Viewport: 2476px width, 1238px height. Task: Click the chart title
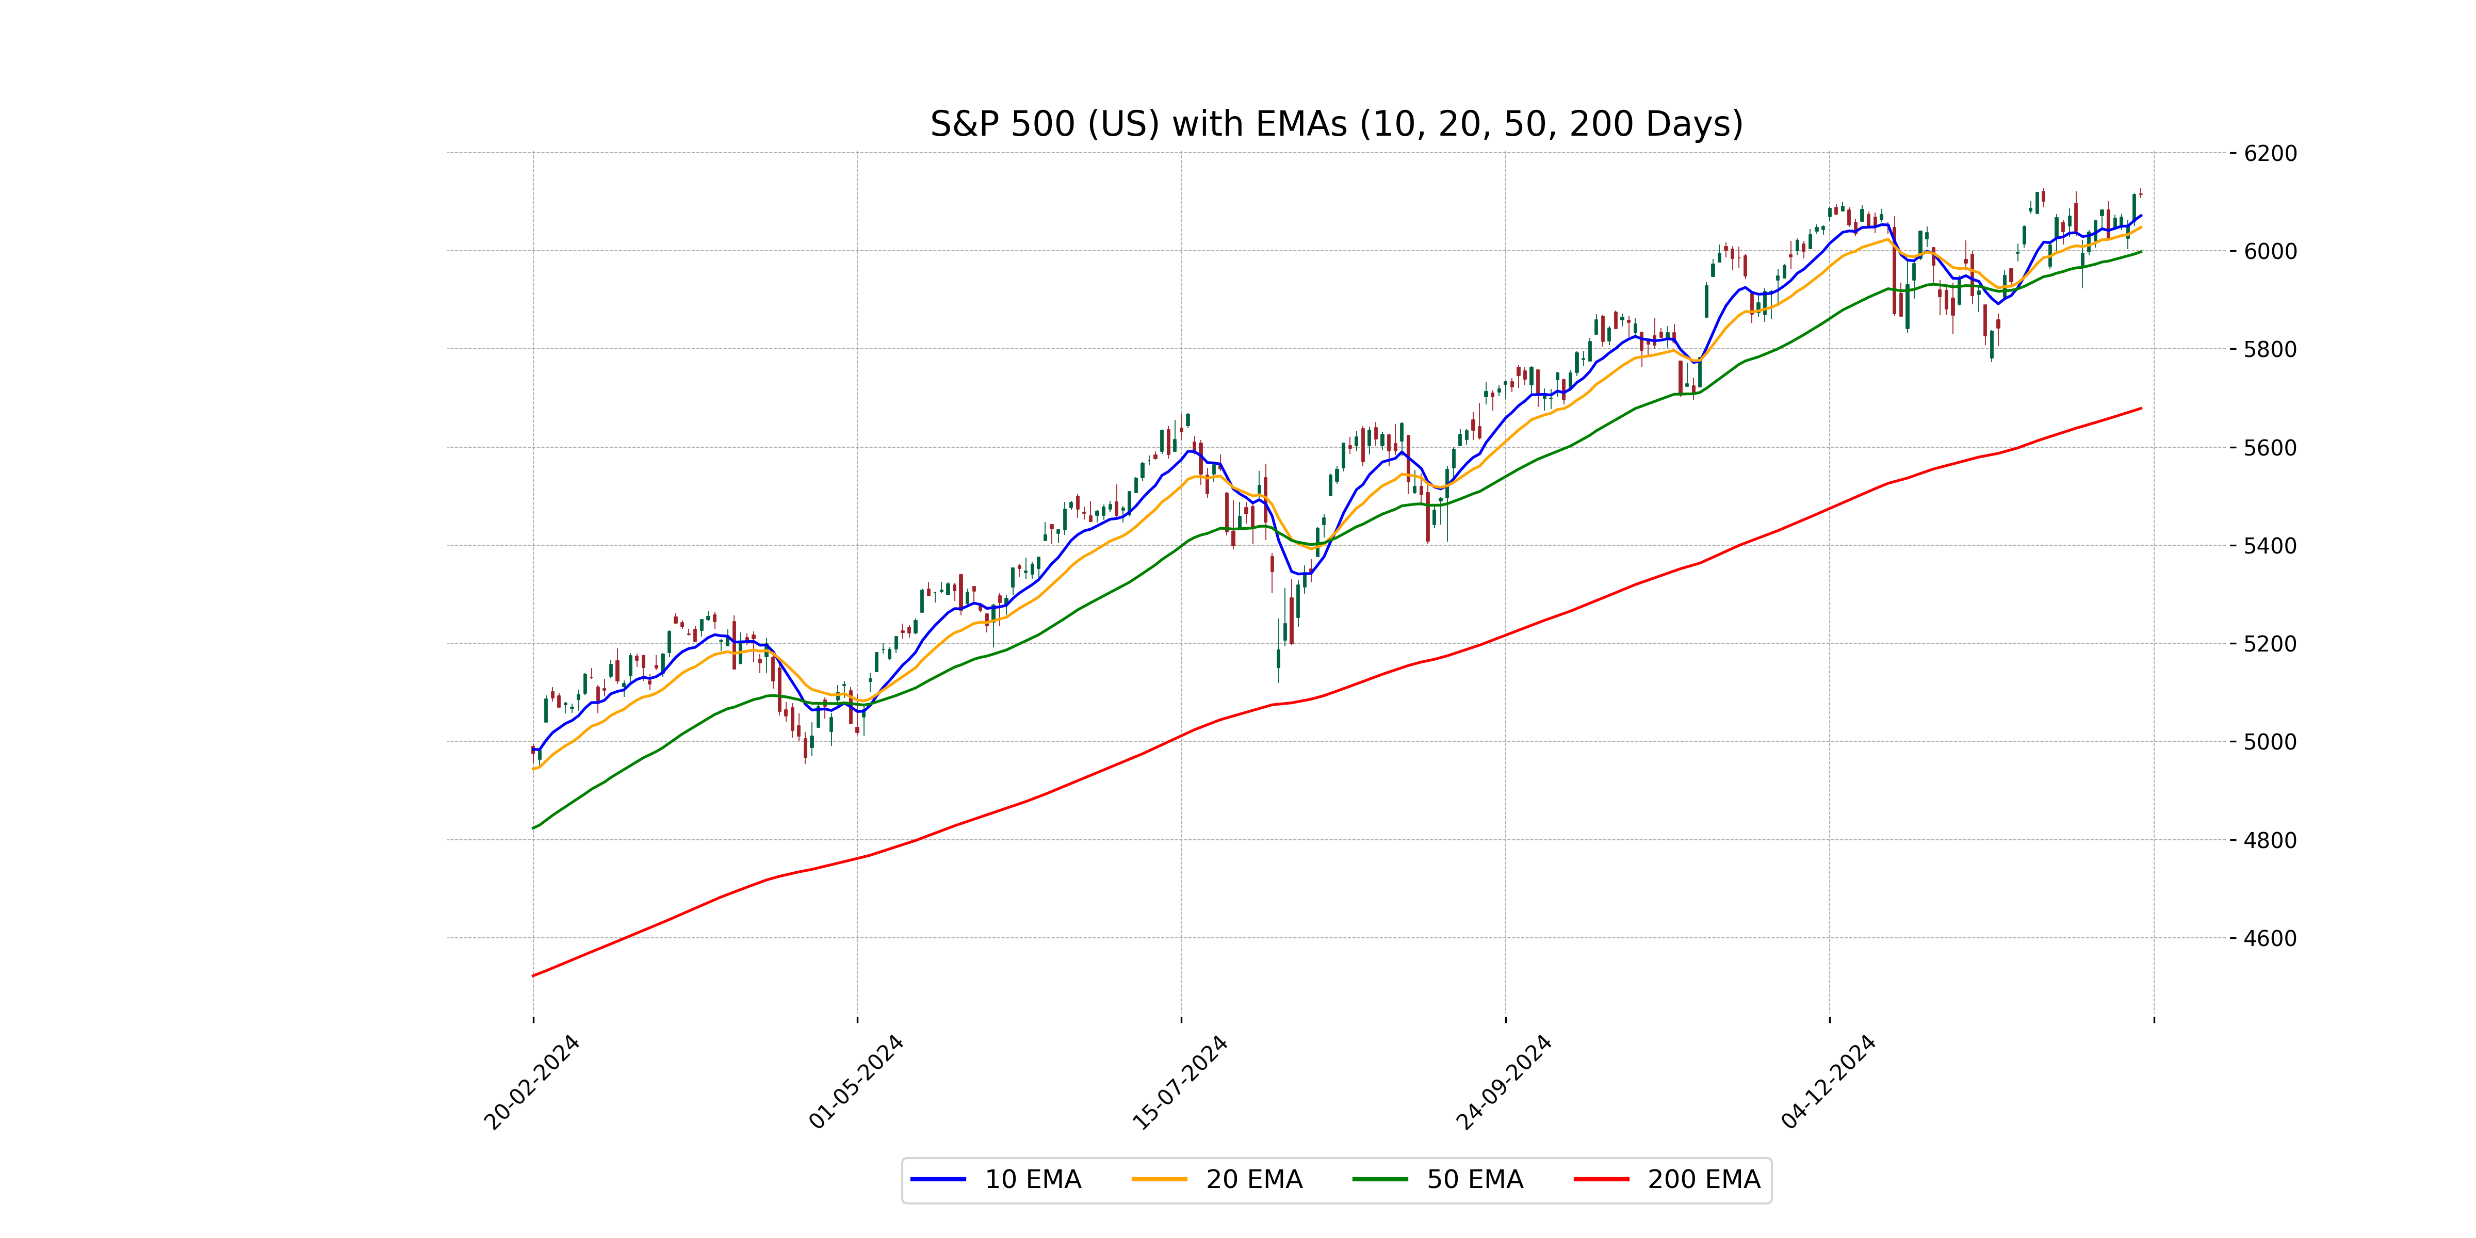point(1336,124)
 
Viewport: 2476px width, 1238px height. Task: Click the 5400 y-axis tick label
point(2270,546)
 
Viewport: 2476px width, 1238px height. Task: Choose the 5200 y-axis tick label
point(2270,644)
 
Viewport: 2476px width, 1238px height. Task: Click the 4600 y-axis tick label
point(2270,938)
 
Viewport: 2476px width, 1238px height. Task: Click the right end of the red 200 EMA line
point(2141,409)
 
